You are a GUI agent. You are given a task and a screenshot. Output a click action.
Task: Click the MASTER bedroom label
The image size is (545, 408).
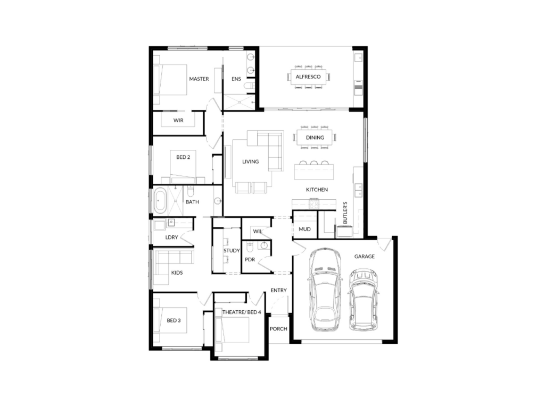tap(199, 79)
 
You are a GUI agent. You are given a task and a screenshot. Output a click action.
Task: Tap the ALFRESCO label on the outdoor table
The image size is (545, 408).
tap(308, 76)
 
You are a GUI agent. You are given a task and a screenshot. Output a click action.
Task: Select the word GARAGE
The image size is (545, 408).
tap(364, 257)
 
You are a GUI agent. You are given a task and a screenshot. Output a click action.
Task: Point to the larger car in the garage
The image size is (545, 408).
tap(325, 289)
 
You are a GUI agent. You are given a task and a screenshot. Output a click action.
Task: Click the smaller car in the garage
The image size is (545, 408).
tap(364, 300)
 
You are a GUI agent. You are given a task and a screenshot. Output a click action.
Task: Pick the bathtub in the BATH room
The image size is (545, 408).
tap(160, 200)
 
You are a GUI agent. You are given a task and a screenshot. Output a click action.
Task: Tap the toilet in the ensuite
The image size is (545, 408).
tap(249, 86)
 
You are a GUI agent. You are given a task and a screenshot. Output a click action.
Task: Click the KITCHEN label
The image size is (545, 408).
tap(317, 190)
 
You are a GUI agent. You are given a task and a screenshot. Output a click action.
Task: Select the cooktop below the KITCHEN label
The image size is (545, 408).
tap(314, 203)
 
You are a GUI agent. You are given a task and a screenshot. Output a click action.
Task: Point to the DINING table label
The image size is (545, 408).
tap(315, 138)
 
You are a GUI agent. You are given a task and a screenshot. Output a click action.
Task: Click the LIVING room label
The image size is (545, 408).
tap(250, 161)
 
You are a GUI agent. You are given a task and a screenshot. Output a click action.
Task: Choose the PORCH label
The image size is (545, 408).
tap(278, 328)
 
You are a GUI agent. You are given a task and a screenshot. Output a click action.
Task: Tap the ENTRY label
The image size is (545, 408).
tap(278, 290)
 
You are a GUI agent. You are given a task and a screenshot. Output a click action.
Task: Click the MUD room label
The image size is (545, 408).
tap(304, 229)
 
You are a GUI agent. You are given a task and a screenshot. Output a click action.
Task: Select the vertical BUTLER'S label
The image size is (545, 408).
tap(345, 212)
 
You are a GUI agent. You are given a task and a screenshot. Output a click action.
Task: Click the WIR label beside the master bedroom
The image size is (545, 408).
tap(178, 121)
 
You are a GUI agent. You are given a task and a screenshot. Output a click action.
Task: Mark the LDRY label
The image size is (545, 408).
tap(172, 237)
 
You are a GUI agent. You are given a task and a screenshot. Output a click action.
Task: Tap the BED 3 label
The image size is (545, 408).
tap(174, 320)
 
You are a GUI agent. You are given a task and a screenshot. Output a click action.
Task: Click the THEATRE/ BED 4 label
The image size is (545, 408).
tap(242, 312)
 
